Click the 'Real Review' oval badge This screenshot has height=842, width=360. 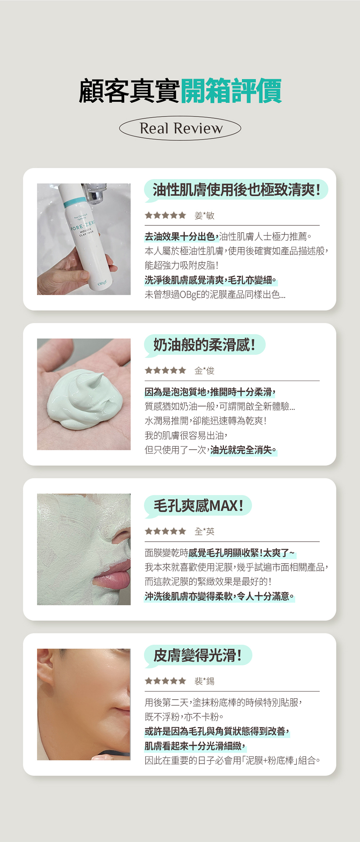pos(180,128)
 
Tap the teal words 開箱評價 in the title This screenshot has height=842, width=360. pos(231,91)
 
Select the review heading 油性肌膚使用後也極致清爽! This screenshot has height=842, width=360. pos(236,190)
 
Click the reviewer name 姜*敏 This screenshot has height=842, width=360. pos(204,216)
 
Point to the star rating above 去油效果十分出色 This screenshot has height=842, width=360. pos(165,216)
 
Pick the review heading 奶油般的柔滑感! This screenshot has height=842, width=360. pos(204,345)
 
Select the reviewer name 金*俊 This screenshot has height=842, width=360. pos(204,370)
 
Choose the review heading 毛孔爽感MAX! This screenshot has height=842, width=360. pos(198,506)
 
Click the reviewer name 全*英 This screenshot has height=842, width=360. pos(204,531)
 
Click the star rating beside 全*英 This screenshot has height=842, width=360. pos(165,531)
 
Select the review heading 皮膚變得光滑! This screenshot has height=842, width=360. pos(197,655)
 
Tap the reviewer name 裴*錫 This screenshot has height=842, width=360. pos(204,681)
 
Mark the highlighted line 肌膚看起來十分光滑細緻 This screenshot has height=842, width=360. pos(195,746)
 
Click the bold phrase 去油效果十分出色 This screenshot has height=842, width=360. pos(182,237)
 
